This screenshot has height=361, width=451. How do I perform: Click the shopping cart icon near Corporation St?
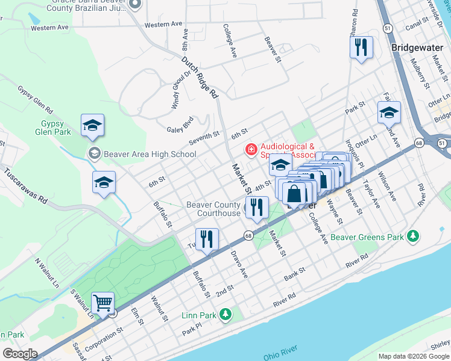click(x=103, y=303)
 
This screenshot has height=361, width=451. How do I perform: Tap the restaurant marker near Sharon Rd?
click(x=361, y=48)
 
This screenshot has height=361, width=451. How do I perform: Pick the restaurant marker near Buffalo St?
click(x=207, y=239)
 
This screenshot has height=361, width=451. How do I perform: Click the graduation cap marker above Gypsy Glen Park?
click(x=93, y=125)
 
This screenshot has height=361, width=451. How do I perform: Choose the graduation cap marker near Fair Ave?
click(x=389, y=113)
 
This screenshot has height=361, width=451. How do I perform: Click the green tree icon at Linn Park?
click(x=225, y=315)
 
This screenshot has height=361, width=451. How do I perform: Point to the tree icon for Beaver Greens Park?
click(x=413, y=236)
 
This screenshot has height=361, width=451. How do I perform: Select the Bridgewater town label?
click(x=416, y=47)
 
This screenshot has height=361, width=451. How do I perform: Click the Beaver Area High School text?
click(x=150, y=154)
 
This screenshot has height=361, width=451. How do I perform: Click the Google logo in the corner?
click(x=20, y=353)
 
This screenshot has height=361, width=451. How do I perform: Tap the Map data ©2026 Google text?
click(x=413, y=356)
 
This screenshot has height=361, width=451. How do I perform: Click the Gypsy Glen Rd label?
click(x=33, y=101)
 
